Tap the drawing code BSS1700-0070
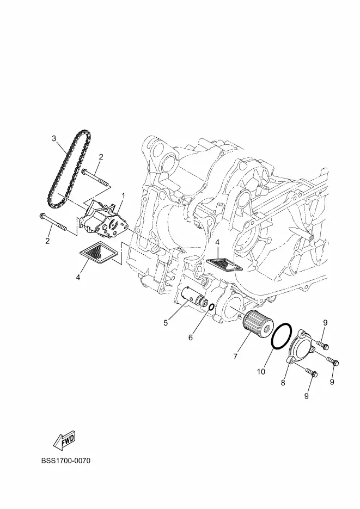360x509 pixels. pos(65,461)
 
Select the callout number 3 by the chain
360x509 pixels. pos(54,139)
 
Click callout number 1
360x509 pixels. pos(123,195)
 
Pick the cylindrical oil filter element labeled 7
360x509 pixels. pos(259,326)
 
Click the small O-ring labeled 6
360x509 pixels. pos(211,307)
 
